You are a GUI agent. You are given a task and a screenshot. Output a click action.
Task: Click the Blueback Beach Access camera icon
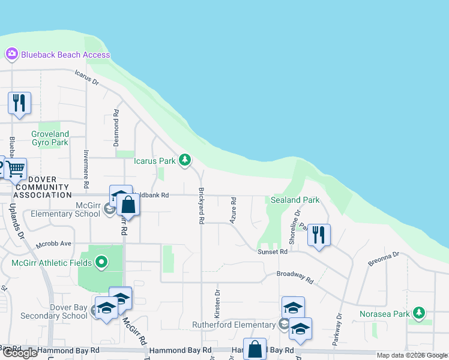point(11,55)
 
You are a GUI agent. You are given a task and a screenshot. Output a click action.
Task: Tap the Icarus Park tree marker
point(186,160)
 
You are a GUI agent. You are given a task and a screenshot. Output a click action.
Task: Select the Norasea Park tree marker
point(419,313)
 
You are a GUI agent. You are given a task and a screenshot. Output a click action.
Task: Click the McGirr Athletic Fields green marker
point(101,262)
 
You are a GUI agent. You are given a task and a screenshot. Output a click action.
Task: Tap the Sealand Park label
point(295,200)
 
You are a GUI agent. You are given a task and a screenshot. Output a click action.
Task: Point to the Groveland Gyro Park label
point(50,138)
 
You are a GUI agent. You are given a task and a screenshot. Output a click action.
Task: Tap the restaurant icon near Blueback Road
point(19,102)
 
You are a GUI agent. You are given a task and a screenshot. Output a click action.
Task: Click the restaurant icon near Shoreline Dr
point(319,234)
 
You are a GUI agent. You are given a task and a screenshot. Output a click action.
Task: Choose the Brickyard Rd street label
point(201,206)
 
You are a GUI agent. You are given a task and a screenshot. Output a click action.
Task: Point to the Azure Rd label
point(233,212)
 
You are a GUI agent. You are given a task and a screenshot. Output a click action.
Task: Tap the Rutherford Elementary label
point(234,325)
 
